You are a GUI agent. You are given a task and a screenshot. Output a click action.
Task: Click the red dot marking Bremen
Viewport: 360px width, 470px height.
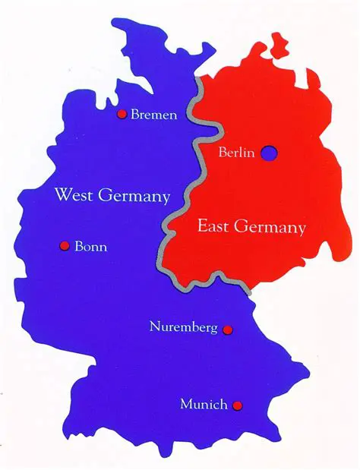click(x=121, y=115)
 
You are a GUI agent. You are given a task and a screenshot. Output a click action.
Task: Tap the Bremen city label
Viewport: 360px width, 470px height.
click(x=154, y=115)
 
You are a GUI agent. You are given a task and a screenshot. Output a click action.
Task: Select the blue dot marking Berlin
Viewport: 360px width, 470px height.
click(x=269, y=153)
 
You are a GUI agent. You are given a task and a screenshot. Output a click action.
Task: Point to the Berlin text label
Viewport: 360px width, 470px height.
click(x=235, y=153)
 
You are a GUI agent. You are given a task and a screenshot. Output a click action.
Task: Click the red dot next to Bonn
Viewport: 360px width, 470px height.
click(x=65, y=246)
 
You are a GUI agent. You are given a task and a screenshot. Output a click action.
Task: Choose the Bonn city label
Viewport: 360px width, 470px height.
click(x=91, y=247)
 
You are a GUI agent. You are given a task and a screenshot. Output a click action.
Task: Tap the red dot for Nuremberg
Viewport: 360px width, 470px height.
click(x=227, y=330)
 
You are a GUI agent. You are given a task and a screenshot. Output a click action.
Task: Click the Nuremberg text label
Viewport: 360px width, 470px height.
click(x=184, y=328)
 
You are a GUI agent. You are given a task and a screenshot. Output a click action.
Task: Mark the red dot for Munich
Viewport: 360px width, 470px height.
click(x=238, y=405)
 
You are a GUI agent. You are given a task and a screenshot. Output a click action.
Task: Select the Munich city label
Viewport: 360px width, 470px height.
click(x=204, y=405)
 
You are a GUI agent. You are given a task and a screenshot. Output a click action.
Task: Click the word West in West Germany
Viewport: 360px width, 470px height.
click(x=73, y=196)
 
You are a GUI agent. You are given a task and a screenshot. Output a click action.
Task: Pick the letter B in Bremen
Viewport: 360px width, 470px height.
click(x=135, y=115)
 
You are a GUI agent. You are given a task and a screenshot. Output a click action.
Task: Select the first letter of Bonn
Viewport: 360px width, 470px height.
click(x=79, y=247)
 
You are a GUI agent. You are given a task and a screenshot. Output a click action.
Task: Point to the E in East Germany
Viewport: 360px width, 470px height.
click(x=202, y=226)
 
